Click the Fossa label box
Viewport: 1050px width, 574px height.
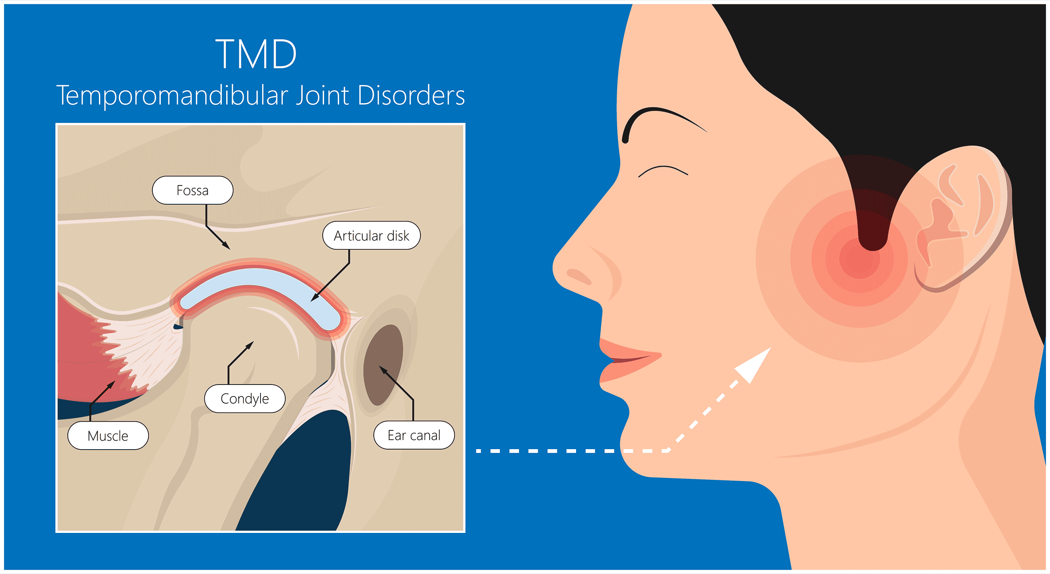coord(192,190)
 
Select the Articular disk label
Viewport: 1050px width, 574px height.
coord(371,236)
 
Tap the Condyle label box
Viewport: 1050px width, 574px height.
coord(245,399)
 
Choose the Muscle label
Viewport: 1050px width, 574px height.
coord(108,436)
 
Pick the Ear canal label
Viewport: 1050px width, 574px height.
coord(414,436)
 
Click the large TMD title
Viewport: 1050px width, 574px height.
coord(256,54)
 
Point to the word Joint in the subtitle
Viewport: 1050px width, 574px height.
coord(322,96)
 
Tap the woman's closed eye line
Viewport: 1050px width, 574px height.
coord(663,170)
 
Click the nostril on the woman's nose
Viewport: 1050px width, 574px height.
coord(579,277)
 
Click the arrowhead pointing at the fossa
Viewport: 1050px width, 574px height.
coord(226,245)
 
